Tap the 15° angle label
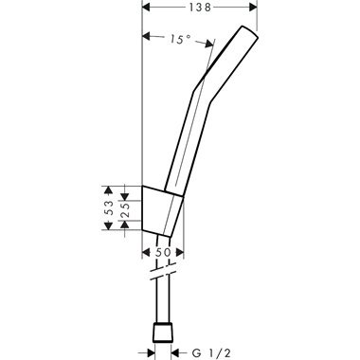pos(180,40)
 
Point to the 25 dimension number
pos(125,207)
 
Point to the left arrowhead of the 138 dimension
pos(145,8)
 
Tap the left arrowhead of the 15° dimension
pos(145,39)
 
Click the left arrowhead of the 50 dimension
pos(145,253)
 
